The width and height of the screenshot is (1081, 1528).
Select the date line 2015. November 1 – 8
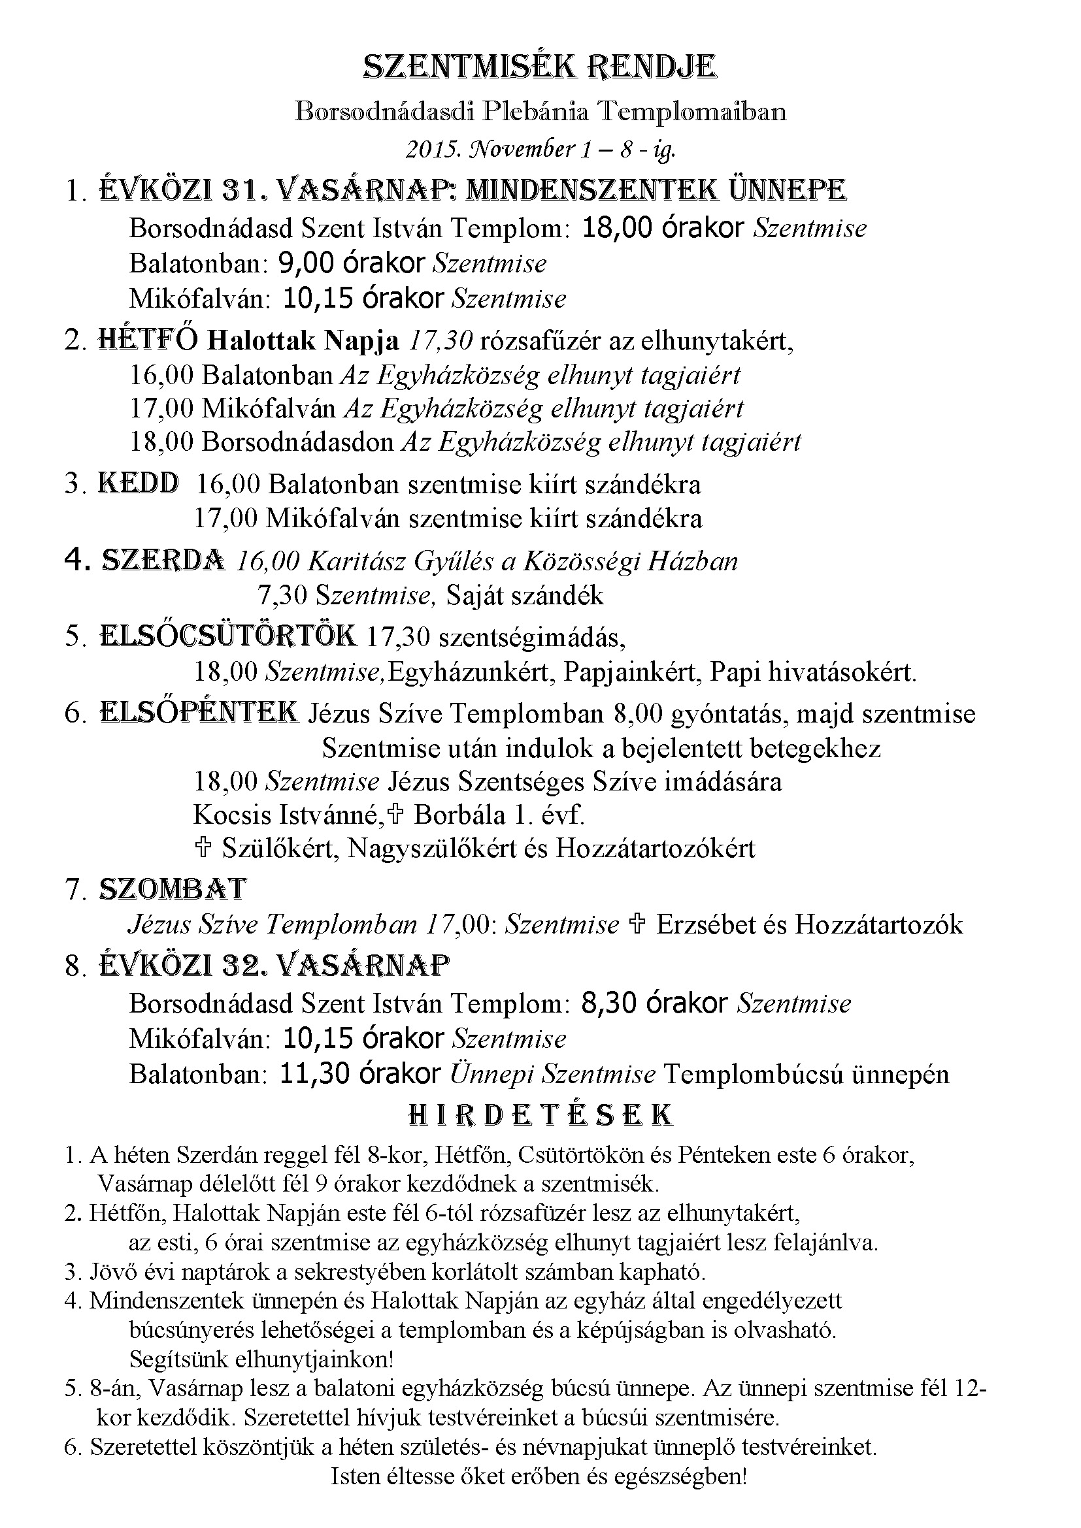tap(540, 149)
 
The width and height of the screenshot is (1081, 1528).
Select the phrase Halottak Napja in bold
tap(303, 341)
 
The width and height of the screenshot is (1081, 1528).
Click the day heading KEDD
tap(139, 483)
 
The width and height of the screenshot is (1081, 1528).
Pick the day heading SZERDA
tap(163, 561)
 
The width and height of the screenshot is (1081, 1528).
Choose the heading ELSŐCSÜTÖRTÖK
tap(227, 636)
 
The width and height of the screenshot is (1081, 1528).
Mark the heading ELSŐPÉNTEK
tap(199, 713)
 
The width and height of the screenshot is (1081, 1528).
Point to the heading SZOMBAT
tap(173, 889)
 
